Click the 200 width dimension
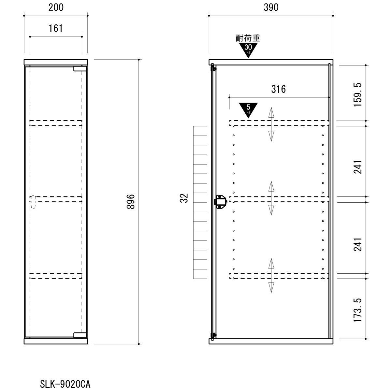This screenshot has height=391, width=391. pyautogui.click(x=56, y=8)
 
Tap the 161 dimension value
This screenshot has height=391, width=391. pyautogui.click(x=56, y=28)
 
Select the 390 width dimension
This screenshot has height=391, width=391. pyautogui.click(x=271, y=8)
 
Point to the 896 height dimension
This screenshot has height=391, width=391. pyautogui.click(x=130, y=201)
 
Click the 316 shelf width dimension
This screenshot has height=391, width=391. pyautogui.click(x=278, y=89)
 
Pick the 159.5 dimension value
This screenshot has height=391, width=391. pyautogui.click(x=357, y=94)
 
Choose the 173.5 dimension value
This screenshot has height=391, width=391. pyautogui.click(x=357, y=310)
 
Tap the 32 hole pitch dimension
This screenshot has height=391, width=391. pyautogui.click(x=184, y=198)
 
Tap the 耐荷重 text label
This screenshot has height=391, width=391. pyautogui.click(x=248, y=38)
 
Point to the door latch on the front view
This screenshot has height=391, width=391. pyautogui.click(x=220, y=202)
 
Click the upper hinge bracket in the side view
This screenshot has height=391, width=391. pyautogui.click(x=80, y=68)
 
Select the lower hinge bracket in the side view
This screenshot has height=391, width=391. pyautogui.click(x=80, y=335)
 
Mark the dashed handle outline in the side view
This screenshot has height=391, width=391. pyautogui.click(x=33, y=202)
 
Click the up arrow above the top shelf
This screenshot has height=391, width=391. pyautogui.click(x=271, y=113)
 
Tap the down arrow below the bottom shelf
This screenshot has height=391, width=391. pyautogui.click(x=271, y=287)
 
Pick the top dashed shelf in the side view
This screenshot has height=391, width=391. pyautogui.click(x=56, y=123)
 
